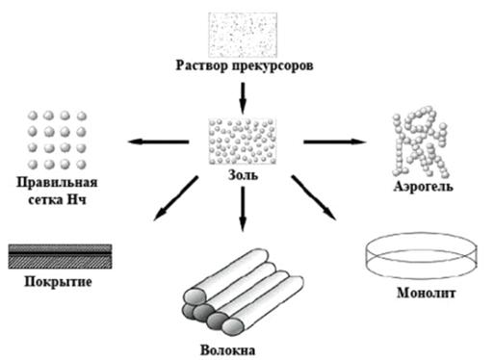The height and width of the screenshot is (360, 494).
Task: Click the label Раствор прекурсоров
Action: [x=245, y=65]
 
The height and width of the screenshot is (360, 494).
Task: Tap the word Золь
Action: [x=243, y=175]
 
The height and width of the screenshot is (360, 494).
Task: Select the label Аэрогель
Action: [x=423, y=187]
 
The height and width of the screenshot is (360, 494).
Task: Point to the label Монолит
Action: [x=426, y=293]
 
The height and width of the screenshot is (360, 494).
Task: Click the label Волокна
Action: [x=227, y=349]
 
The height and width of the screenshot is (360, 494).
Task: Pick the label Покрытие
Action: [x=58, y=282]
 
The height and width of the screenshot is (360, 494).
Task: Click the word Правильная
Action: [x=57, y=183]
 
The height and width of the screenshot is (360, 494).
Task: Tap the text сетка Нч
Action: [x=57, y=200]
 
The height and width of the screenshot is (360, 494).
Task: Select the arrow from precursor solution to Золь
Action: [x=243, y=98]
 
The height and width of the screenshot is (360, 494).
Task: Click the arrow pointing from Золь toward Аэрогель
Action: [x=334, y=141]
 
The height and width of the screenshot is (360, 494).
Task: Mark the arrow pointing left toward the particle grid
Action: [x=158, y=141]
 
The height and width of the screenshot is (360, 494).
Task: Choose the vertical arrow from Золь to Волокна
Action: [x=243, y=209]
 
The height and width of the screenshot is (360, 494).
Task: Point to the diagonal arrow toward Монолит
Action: [x=314, y=197]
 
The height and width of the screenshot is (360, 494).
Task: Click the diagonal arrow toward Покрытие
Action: [x=176, y=198]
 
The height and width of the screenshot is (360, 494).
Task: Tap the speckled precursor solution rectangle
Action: [x=243, y=35]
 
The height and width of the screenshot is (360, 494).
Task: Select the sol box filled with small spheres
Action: [x=243, y=141]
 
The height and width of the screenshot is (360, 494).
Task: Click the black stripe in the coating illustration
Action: [x=60, y=253]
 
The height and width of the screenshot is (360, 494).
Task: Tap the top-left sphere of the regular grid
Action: [x=33, y=116]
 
